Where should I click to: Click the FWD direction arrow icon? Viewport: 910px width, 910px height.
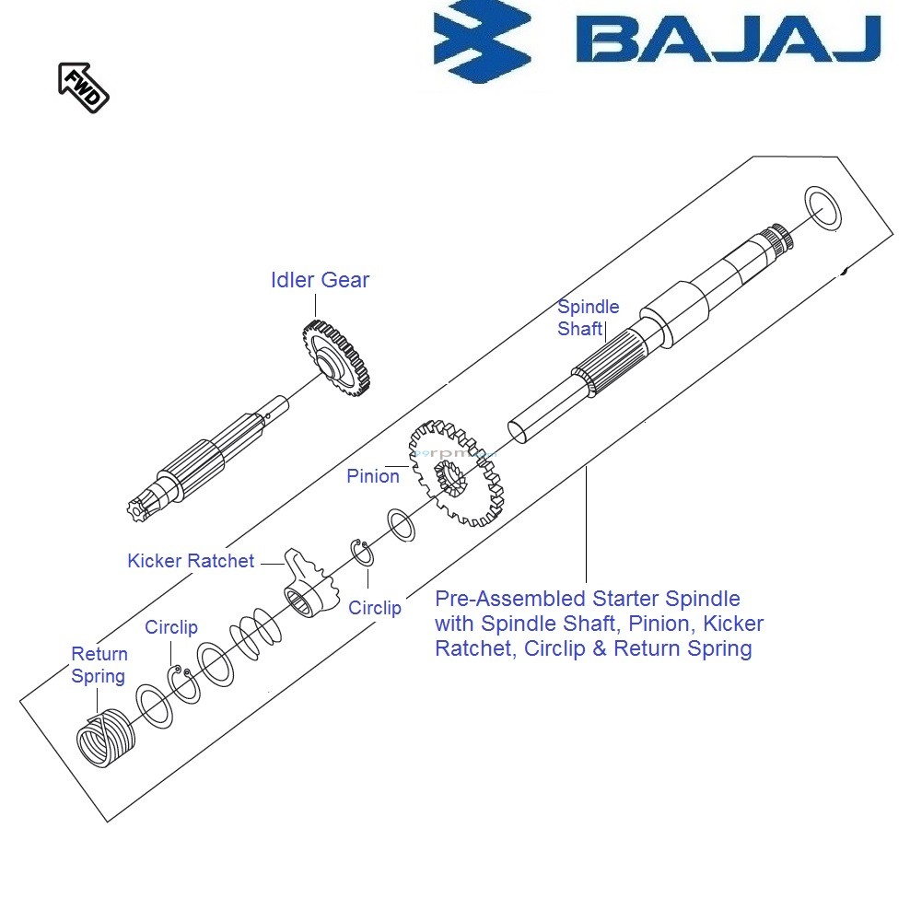83,87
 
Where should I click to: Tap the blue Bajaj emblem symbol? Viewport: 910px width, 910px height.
482,45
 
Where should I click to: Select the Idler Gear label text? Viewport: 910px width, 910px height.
320,280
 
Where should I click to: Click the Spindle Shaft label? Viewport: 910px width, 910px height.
588,318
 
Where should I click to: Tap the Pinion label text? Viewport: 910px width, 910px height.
373,476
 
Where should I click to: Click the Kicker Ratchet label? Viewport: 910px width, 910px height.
191,561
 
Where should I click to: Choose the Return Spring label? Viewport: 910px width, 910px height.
99,665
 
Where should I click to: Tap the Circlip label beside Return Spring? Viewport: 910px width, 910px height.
171,627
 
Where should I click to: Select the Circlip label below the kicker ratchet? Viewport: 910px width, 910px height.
375,608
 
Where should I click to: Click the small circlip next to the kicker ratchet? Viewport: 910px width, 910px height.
360,556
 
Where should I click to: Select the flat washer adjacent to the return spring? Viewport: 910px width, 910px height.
153,707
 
